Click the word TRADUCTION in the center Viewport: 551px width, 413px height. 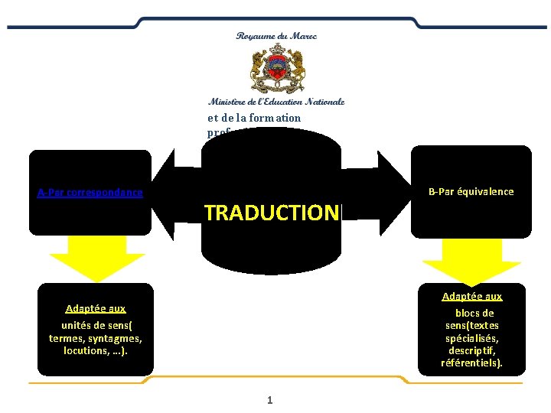271,213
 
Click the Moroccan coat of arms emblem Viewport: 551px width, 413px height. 276,69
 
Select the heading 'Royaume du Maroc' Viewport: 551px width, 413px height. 276,36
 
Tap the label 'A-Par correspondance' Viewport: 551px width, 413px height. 90,192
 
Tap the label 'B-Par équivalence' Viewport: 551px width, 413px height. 471,192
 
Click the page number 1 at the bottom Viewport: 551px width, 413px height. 270,400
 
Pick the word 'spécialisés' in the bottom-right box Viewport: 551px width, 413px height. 472,338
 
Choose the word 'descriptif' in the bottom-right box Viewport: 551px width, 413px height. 472,350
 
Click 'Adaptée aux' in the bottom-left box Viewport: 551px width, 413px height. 96,308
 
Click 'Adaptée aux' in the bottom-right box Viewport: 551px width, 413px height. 472,296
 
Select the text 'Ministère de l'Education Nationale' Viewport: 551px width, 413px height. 276,101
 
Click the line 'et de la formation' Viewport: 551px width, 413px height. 254,118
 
